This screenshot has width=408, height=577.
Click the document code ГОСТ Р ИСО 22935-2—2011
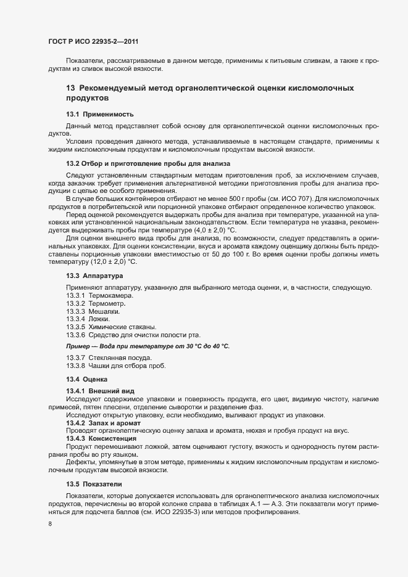(x=93, y=41)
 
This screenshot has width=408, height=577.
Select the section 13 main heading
(x=209, y=93)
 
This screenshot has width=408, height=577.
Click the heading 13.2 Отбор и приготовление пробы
(x=148, y=163)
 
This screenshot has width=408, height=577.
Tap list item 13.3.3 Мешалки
(x=94, y=311)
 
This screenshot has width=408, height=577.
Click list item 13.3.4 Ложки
(x=88, y=319)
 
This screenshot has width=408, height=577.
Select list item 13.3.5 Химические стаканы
(x=111, y=326)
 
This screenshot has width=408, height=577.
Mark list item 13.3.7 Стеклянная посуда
(x=108, y=358)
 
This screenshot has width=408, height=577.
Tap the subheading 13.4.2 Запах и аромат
(x=103, y=423)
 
